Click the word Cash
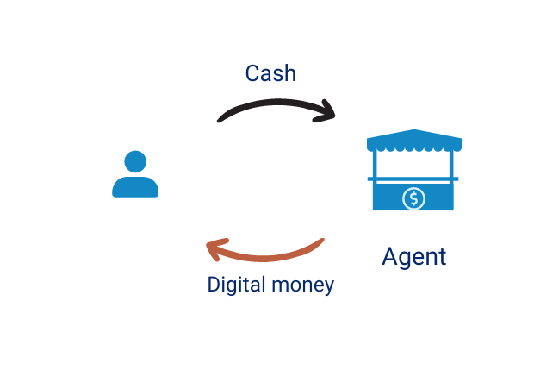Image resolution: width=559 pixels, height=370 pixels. click(x=270, y=73)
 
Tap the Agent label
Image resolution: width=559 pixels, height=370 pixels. click(x=414, y=256)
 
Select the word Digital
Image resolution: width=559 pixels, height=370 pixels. click(x=233, y=284)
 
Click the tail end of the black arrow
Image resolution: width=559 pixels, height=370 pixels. click(x=220, y=119)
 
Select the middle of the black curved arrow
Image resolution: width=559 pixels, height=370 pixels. click(x=274, y=103)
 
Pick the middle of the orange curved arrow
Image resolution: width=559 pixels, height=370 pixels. click(x=267, y=256)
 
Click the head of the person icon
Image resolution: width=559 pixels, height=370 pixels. click(x=135, y=162)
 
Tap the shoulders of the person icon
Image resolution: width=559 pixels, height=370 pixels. click(x=135, y=187)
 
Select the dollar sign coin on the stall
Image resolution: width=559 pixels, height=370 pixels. click(x=414, y=198)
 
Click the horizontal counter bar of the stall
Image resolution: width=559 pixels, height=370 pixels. click(x=413, y=179)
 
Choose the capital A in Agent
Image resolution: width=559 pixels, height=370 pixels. click(x=390, y=256)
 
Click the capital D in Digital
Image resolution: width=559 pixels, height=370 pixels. click(x=214, y=284)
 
